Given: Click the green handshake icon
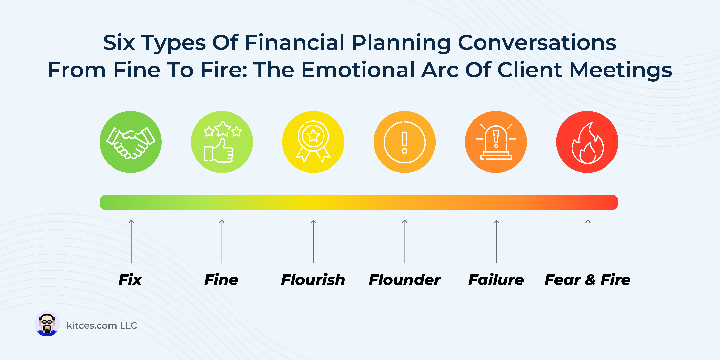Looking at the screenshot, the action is [x=131, y=142].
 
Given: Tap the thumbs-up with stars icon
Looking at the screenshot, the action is [x=222, y=142].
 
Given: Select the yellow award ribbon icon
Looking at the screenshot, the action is [x=313, y=142].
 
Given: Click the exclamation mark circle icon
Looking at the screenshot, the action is [x=405, y=142].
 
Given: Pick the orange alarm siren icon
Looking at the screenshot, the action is [x=496, y=142].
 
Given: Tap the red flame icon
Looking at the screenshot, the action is [x=587, y=142].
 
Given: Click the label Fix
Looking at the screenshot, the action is [x=130, y=280].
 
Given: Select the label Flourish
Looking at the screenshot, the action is [x=313, y=280].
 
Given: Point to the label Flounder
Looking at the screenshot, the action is [x=405, y=280].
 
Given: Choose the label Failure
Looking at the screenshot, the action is [x=496, y=280].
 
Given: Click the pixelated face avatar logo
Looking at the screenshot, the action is [x=47, y=324].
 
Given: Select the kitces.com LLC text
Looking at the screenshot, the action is [x=102, y=326].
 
